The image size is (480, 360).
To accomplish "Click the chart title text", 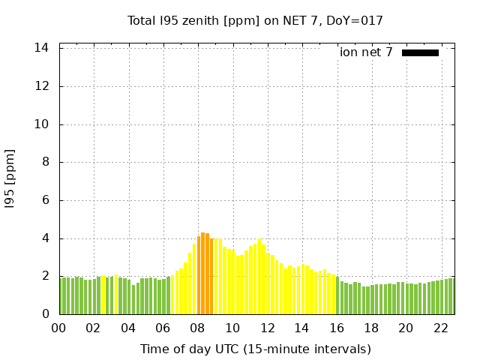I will tap(255, 20).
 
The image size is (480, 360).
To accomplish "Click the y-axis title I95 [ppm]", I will tap(10, 178).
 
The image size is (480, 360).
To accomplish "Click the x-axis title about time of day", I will tap(255, 349).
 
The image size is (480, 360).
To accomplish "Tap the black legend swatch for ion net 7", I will tap(420, 52).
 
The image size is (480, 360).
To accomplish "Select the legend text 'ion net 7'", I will tap(366, 52).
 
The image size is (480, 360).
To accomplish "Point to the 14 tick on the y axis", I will tap(42, 48).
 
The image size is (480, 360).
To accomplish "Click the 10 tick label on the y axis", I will tap(42, 124).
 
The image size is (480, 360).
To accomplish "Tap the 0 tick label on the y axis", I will tap(46, 314).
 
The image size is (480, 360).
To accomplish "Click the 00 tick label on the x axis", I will tap(58, 328).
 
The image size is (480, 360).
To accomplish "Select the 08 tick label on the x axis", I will tap(197, 328).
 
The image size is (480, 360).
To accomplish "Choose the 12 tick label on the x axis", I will tap(267, 328).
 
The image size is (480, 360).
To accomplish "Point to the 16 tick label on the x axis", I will tap(336, 328).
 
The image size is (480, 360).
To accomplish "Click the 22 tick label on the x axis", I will tap(440, 328).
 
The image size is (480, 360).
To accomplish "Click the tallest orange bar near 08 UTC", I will tap(203, 274).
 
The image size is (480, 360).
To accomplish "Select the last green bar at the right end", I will tap(451, 296).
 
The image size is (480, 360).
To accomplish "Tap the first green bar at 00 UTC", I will tap(61, 296).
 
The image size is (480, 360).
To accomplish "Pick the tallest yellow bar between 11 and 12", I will tap(259, 277).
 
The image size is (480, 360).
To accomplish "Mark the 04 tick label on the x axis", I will tap(128, 328).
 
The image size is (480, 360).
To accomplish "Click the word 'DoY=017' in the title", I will tap(358, 20).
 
